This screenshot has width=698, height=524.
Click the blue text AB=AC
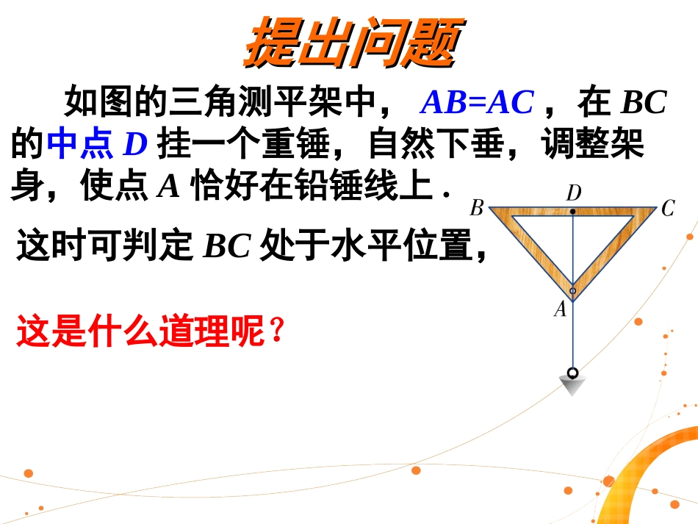476,103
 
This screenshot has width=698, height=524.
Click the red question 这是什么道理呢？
150,332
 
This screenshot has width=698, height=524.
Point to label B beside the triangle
476,209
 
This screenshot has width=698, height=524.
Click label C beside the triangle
667,209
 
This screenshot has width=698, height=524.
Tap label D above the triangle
573,193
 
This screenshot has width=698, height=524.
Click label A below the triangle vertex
561,310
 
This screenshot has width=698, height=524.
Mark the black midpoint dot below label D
573,211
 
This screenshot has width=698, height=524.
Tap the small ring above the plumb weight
572,372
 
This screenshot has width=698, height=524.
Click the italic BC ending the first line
644,103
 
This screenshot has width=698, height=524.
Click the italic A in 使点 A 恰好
169,187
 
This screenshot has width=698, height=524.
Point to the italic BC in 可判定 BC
228,248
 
